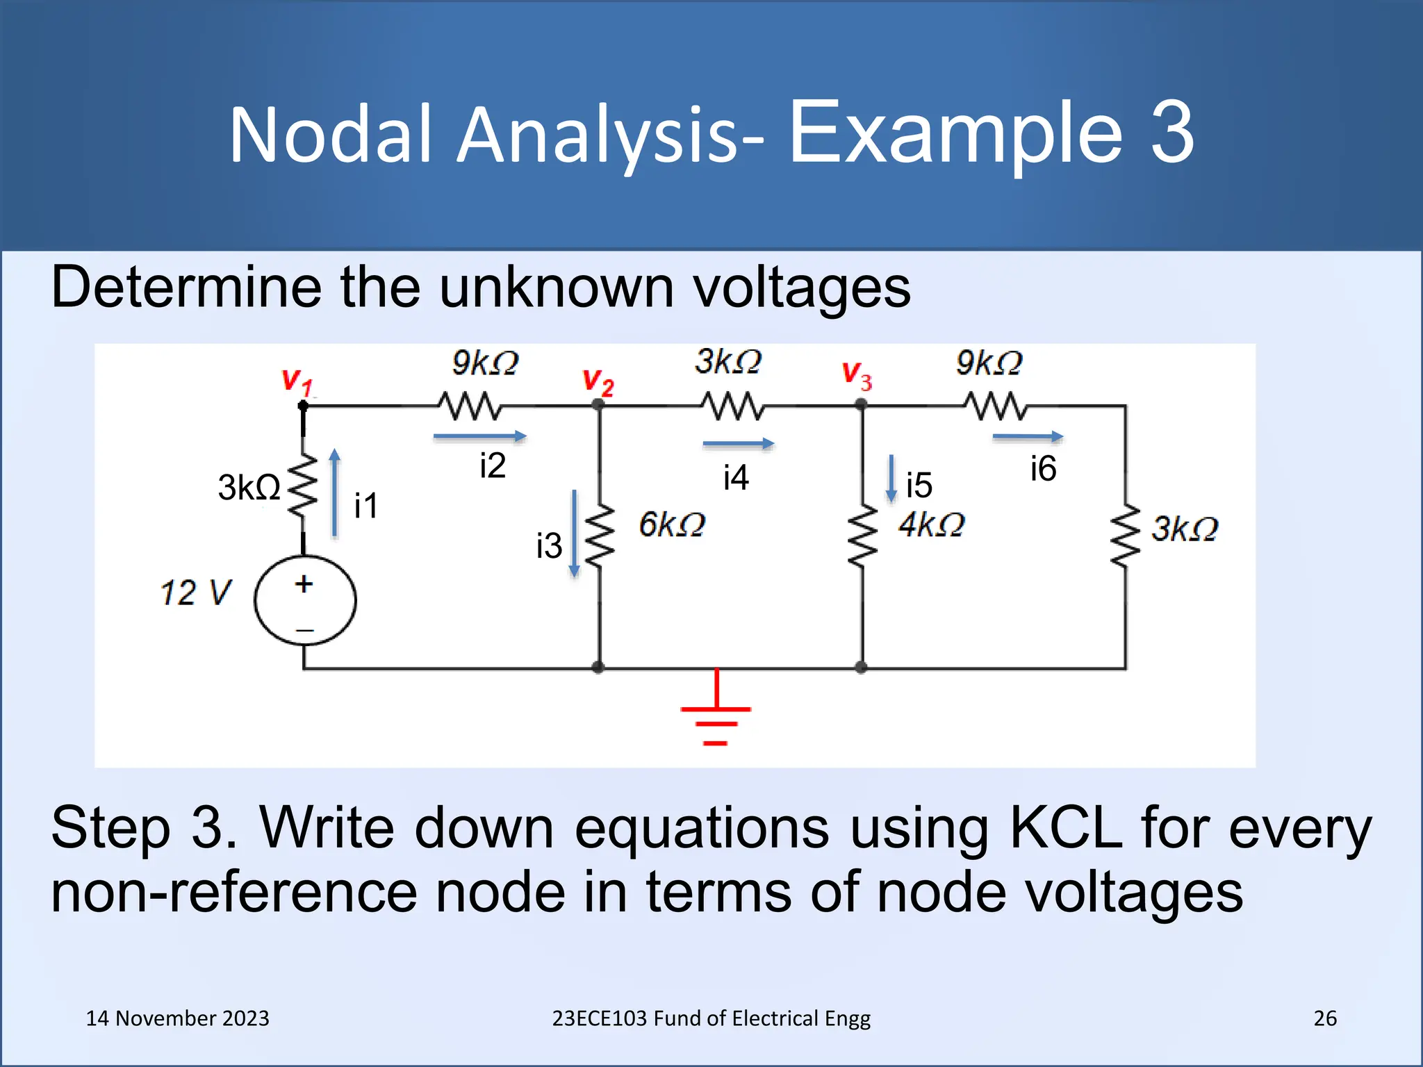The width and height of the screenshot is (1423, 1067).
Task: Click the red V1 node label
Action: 297,382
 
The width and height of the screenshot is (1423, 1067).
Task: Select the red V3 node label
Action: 856,376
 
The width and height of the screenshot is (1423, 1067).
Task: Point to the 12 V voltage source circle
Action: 305,601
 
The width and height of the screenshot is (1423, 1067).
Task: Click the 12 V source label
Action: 195,593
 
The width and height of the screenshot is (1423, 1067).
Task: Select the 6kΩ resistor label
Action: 672,524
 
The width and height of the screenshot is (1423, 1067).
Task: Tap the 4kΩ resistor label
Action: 931,524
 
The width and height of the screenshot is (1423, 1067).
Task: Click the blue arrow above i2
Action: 479,436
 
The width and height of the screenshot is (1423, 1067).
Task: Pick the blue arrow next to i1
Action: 335,493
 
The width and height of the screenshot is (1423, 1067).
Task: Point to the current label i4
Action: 735,478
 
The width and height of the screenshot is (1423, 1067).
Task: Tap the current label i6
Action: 1043,469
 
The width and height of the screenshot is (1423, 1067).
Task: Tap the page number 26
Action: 1324,1018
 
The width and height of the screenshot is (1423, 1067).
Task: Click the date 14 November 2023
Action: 177,1018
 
